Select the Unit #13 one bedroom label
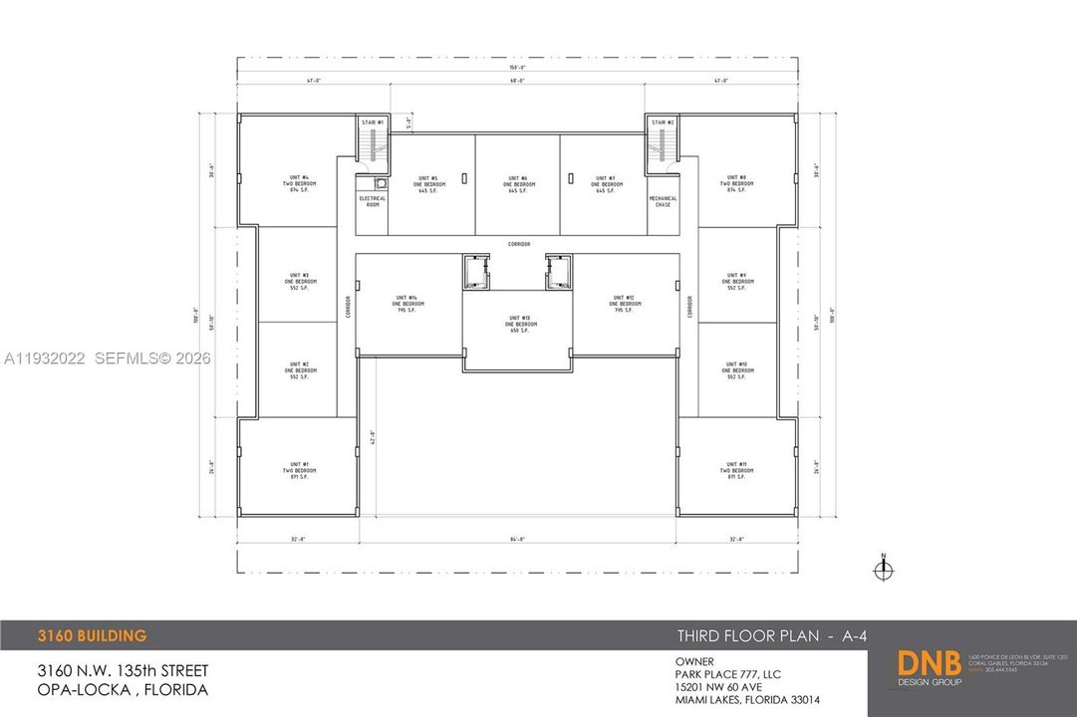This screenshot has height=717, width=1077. pos(520,324)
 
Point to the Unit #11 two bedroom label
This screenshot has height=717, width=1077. pos(736,470)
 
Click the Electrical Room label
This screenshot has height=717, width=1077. pos(372,200)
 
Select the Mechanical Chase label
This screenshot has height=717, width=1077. pos(663,200)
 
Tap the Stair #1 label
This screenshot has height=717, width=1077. pos(373,122)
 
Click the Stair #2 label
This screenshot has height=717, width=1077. pos(663,122)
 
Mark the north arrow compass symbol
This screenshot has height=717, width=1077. pos(883,569)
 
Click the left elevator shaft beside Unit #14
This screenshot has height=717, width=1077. pos(475,272)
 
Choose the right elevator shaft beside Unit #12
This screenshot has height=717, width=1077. pos(558,272)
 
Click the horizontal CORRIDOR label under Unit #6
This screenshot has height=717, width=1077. pos(517,244)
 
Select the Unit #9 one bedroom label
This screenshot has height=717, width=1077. pos(736,281)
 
